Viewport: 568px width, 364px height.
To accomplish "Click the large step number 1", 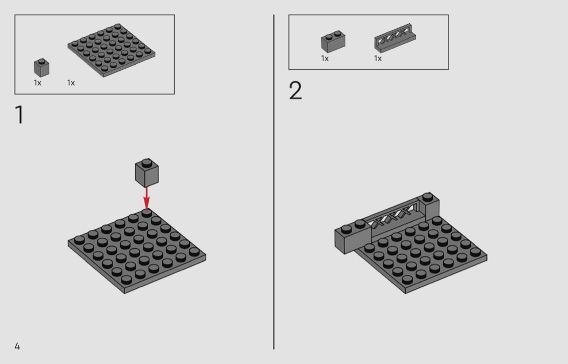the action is [x=19, y=115].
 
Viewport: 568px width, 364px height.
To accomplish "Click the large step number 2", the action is [x=295, y=90].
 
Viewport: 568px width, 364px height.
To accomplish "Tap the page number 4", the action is [x=17, y=346].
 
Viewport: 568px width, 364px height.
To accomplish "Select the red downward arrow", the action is [x=147, y=198].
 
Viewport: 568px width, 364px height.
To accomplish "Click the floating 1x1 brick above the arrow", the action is [x=147, y=173].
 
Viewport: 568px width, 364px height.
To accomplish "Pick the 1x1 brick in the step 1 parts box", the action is [x=42, y=68].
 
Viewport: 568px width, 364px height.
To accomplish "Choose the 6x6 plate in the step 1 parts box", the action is [x=111, y=50].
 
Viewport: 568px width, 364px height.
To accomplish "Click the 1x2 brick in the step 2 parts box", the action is [x=333, y=42].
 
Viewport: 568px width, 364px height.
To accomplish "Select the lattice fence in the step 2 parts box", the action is [x=395, y=38].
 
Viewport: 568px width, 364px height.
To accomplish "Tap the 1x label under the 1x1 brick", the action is [x=38, y=83].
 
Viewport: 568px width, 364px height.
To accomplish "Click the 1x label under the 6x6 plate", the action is [x=71, y=83].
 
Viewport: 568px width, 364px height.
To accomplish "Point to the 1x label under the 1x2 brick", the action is [x=325, y=58].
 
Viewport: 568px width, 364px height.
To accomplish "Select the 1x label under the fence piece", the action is [x=378, y=58].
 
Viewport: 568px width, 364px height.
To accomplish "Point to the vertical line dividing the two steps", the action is [x=274, y=182].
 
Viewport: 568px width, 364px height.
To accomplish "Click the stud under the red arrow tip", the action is [x=147, y=213].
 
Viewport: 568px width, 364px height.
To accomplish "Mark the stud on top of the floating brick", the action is [x=147, y=162].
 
